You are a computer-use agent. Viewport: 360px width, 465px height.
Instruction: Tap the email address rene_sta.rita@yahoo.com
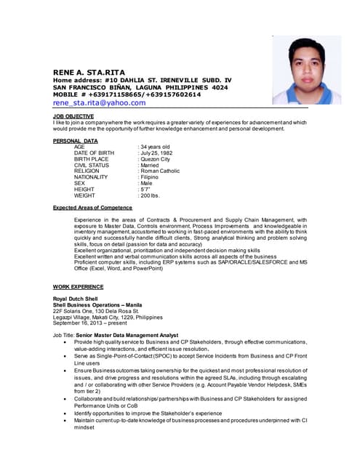coord(100,103)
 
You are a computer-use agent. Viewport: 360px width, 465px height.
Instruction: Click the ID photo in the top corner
coord(306,70)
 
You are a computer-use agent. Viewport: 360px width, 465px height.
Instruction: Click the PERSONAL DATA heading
coord(76,140)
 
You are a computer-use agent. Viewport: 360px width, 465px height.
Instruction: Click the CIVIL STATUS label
coord(92,165)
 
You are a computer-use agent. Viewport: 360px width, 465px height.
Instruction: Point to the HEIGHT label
coord(84,190)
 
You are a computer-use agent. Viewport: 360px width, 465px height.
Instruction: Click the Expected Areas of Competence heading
coord(92,208)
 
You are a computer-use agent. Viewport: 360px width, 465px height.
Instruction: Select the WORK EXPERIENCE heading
coord(78,287)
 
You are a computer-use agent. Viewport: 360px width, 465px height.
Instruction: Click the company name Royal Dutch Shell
coord(76,299)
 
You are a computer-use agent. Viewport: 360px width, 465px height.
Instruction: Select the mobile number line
coord(116,94)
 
